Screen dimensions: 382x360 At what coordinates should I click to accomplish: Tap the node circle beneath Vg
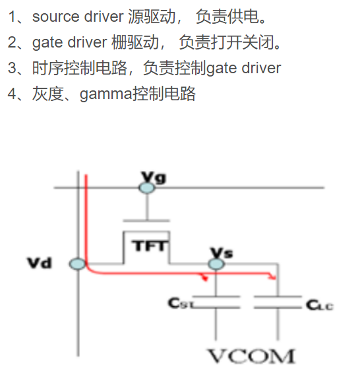tap(147, 188)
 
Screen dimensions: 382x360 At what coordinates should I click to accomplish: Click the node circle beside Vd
tap(78, 265)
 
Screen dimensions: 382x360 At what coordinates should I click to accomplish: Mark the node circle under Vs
tap(216, 265)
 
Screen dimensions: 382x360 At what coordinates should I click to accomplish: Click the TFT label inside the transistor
tap(150, 247)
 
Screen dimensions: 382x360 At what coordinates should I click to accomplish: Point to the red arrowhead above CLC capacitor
tap(270, 278)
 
